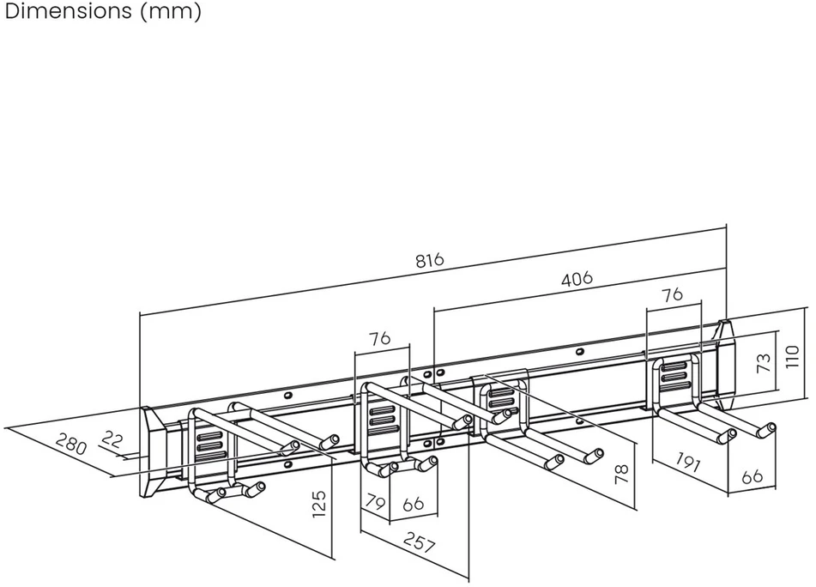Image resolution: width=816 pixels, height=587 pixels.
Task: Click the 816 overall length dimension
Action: [430, 259]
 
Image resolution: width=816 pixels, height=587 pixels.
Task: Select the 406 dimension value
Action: [577, 278]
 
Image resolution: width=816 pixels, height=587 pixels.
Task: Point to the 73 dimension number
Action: [764, 363]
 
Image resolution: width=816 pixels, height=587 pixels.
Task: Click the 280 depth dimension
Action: [70, 445]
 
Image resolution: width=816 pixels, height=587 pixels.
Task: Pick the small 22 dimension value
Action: [112, 439]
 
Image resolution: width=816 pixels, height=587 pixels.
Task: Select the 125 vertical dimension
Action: [318, 504]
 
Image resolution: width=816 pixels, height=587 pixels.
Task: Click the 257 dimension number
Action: [419, 543]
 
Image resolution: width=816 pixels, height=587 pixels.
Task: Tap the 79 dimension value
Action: [375, 503]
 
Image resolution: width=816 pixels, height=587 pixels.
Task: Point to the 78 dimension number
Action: [622, 475]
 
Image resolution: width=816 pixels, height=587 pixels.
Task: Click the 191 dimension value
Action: [687, 461]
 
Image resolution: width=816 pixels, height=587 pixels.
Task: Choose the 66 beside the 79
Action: [414, 504]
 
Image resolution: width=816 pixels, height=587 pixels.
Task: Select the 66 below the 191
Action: [752, 476]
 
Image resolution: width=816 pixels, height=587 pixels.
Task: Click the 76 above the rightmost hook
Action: [672, 294]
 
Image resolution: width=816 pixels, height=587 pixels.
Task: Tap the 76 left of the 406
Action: [379, 338]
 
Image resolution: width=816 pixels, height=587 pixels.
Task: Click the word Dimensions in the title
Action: [68, 10]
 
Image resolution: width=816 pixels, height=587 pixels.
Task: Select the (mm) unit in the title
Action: [171, 11]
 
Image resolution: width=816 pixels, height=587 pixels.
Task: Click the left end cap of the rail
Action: [153, 451]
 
